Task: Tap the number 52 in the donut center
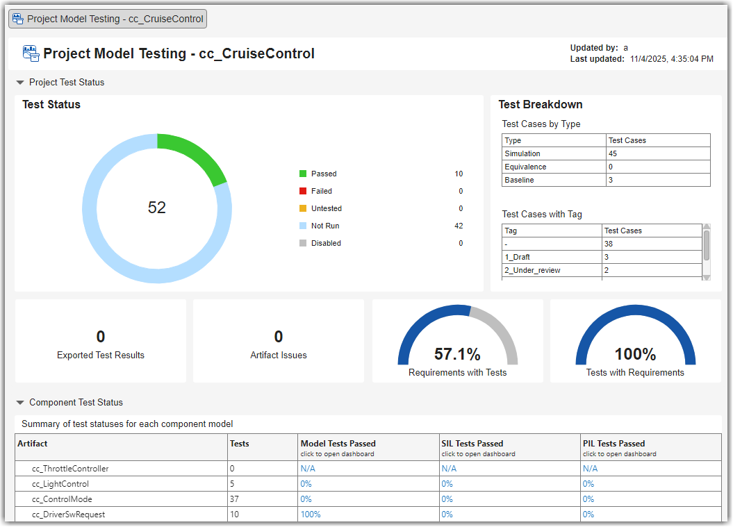[157, 208]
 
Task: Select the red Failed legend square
[303, 191]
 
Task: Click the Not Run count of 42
[459, 226]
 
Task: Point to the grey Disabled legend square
[303, 243]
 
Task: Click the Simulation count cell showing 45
[613, 153]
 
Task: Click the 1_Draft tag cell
[518, 257]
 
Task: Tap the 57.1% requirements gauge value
[457, 354]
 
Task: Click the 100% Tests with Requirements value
[635, 354]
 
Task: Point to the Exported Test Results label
[101, 355]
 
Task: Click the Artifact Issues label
[279, 355]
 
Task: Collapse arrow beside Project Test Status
[20, 83]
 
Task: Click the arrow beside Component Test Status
[20, 403]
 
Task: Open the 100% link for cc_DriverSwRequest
[311, 515]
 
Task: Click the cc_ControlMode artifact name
[62, 499]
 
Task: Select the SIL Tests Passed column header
[472, 444]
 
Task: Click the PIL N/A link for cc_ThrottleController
[590, 469]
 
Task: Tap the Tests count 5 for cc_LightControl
[233, 484]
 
